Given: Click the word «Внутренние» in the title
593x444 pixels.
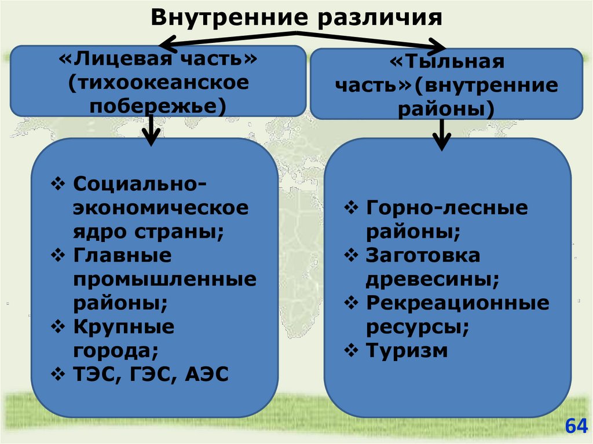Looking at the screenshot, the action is coord(226,17).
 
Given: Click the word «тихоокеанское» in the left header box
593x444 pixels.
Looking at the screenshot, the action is coord(159,83).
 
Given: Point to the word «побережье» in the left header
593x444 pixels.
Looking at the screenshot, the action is coord(153,106).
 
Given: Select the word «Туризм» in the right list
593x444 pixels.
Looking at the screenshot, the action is coord(407,350).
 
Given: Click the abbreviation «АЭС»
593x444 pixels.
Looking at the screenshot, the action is coord(207,374).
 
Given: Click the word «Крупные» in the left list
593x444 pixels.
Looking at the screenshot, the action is coord(123,326).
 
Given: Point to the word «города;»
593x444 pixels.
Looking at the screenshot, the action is coord(115,350).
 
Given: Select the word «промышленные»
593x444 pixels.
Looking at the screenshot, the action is coord(164,280).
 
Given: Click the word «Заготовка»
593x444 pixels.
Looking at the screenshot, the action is coord(423,255).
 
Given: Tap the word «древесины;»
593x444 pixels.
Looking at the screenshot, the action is coord(432,280).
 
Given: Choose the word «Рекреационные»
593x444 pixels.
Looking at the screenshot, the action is coord(457,303).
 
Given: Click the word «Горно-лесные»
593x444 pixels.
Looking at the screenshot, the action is coord(446,208).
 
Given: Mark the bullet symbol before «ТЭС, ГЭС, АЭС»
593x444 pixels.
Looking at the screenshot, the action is coord(59,374).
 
